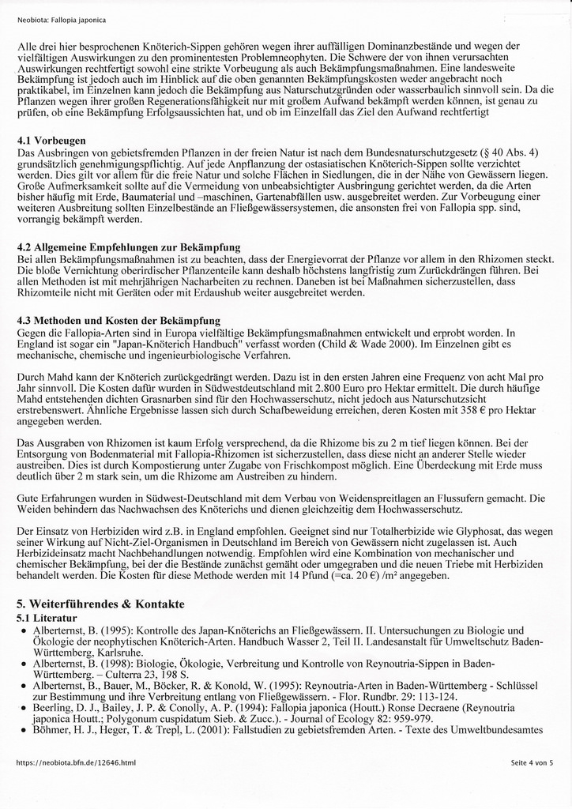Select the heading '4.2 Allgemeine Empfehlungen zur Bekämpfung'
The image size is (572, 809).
pos(128,247)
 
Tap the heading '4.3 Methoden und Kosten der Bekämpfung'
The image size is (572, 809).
pos(119,320)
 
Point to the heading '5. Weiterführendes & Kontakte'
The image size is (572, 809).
pos(100,604)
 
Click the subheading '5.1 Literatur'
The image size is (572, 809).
pos(47,617)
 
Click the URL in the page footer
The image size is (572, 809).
pos(76,762)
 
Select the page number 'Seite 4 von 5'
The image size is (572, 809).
pos(532,762)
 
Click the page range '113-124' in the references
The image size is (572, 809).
pos(428,698)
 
